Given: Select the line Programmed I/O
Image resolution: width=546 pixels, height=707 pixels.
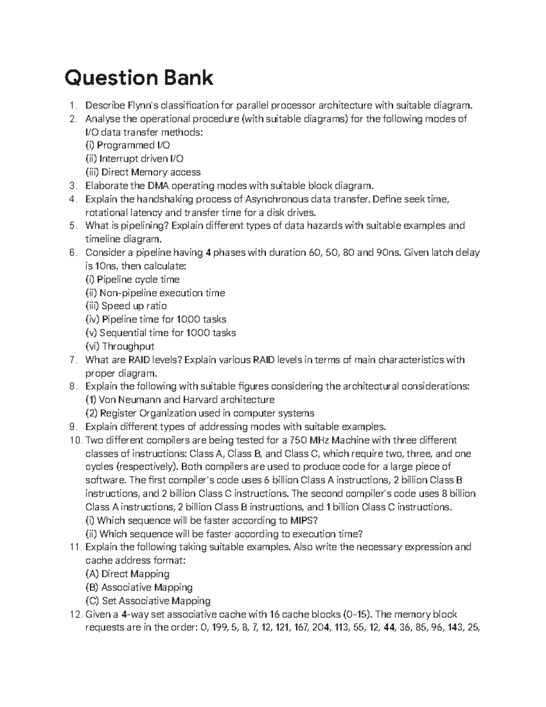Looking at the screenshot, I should coord(128,146).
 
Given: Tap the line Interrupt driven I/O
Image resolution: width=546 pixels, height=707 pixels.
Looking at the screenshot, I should coord(135,159).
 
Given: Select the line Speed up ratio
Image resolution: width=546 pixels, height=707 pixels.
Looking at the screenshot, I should coord(126,306).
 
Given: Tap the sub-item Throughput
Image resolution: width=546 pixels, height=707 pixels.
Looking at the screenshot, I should coord(120,346).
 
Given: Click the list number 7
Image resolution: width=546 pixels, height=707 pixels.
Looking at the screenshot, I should coord(73,360).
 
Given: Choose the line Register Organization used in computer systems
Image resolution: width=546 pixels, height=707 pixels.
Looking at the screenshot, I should coord(200,413).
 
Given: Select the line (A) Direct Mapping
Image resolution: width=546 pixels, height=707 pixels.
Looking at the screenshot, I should coord(127,574).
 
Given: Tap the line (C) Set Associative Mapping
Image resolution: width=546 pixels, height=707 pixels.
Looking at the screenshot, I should coord(148,601).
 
